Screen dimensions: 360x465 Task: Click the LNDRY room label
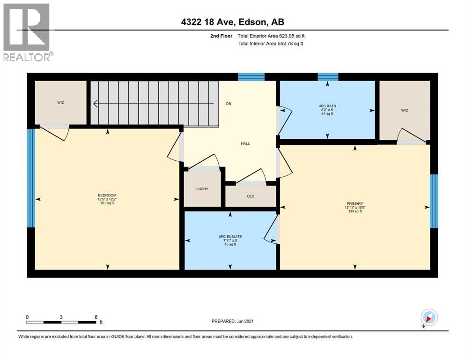pyautogui.click(x=202, y=189)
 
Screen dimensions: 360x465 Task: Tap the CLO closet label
pyautogui.click(x=251, y=196)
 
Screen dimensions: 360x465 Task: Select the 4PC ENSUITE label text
pyautogui.click(x=229, y=237)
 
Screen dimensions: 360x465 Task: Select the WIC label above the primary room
pyautogui.click(x=405, y=110)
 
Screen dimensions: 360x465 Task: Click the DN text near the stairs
pyautogui.click(x=229, y=104)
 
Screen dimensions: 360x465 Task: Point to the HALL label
pyautogui.click(x=245, y=143)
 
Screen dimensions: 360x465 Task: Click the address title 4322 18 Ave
pyautogui.click(x=233, y=22)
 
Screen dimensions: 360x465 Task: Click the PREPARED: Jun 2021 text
pyautogui.click(x=232, y=321)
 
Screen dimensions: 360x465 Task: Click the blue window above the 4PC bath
pyautogui.click(x=328, y=77)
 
